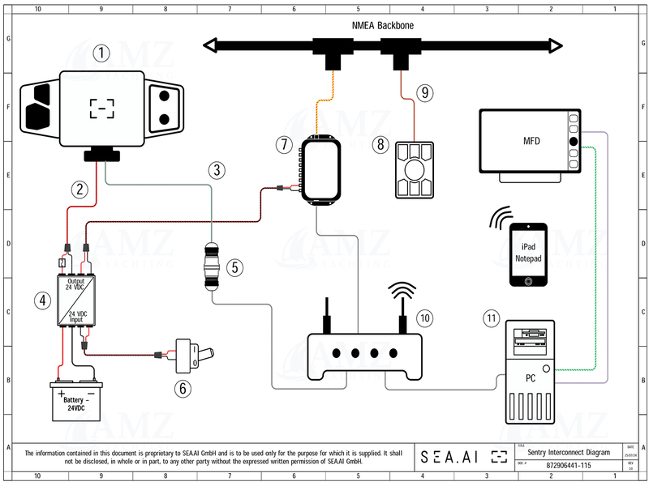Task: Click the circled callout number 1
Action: click(101, 53)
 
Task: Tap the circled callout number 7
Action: click(283, 145)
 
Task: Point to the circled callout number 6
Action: click(185, 388)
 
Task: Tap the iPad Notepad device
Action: click(528, 254)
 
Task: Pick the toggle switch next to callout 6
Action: click(196, 355)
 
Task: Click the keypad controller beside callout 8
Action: click(415, 170)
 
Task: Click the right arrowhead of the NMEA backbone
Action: click(556, 45)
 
